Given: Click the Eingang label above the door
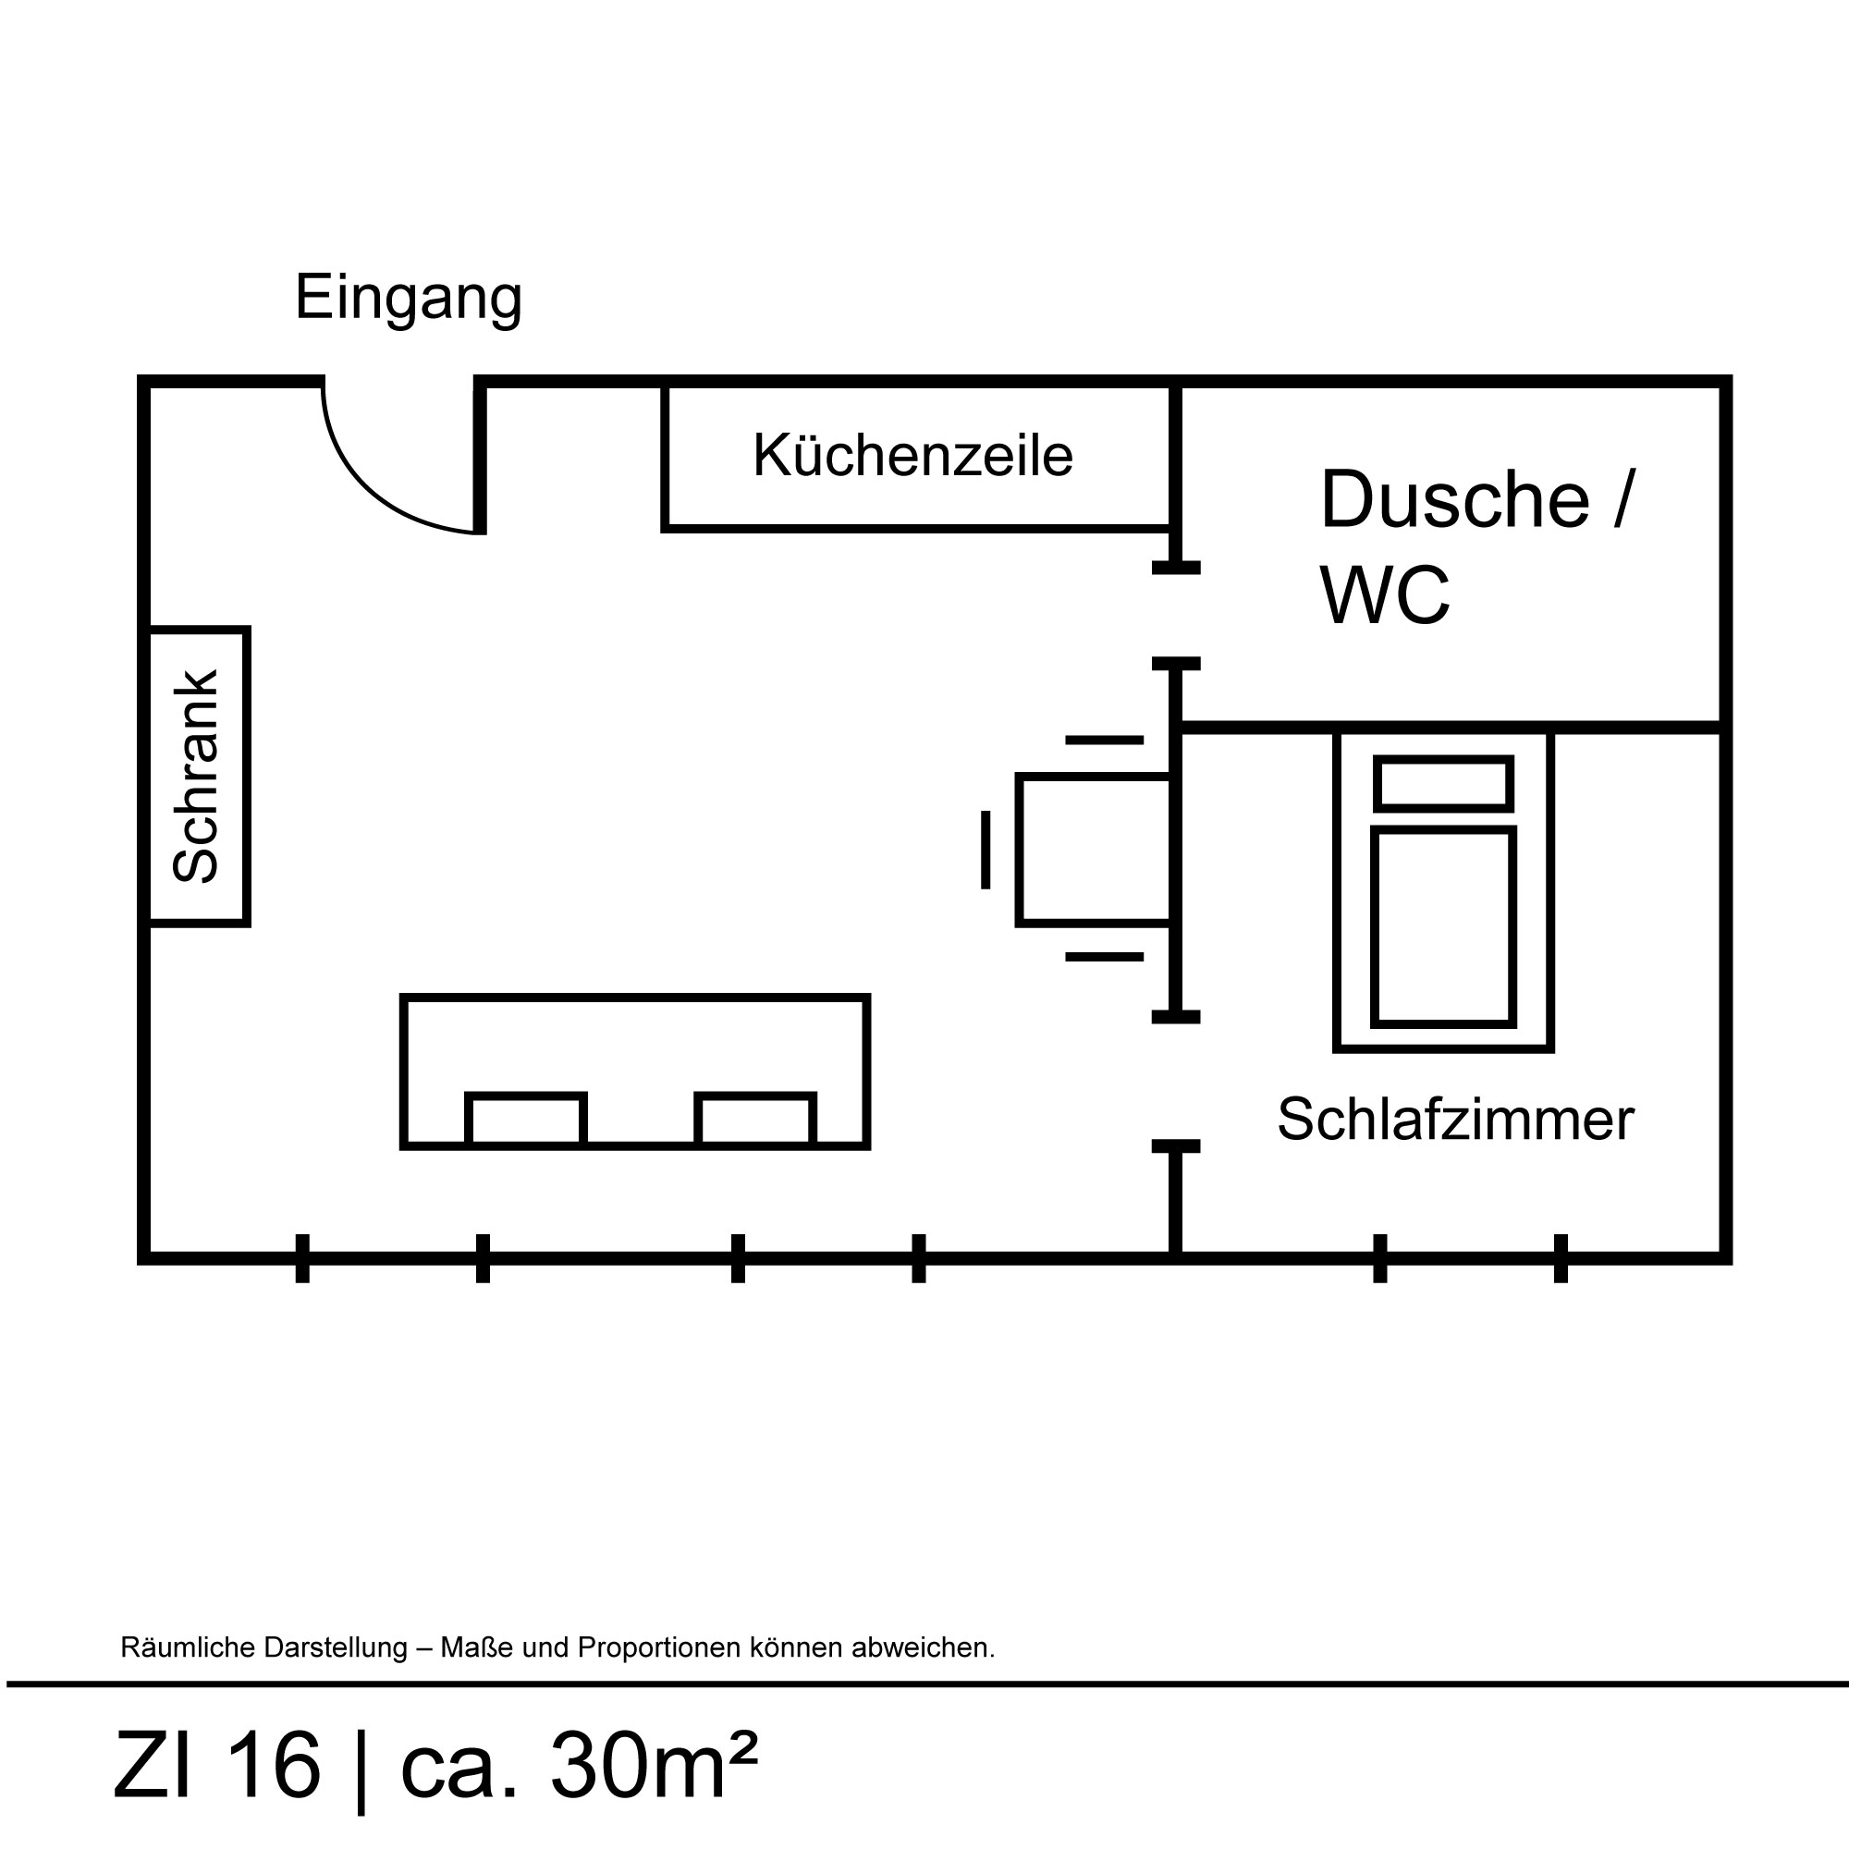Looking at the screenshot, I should (408, 298).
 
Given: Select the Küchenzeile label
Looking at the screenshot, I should (912, 456).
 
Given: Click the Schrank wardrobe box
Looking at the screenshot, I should (198, 777).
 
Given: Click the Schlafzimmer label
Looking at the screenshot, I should (1454, 1119).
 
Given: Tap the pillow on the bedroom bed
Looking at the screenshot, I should (1443, 784).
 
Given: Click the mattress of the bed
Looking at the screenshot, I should (1443, 927).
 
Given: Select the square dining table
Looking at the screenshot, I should (1094, 850).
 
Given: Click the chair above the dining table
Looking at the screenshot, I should (1104, 740).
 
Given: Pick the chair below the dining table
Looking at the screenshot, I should (1104, 957).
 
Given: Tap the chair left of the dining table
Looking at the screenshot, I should (985, 850).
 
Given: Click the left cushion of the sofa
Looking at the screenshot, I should (525, 1119).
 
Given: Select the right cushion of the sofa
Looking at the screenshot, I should (755, 1119).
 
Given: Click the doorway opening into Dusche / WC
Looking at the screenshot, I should (1175, 616).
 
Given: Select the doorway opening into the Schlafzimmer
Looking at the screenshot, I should (1175, 1081).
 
